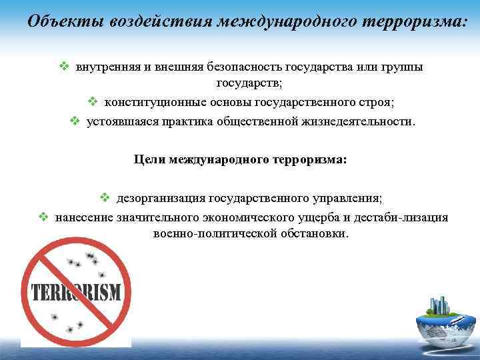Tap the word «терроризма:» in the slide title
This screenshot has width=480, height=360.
[x=411, y=21]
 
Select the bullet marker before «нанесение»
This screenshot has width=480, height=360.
[x=43, y=217]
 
